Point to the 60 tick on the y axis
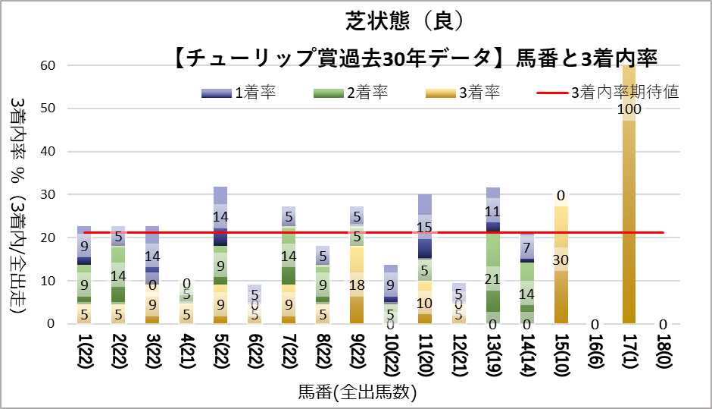click(48, 65)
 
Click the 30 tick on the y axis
click(48, 194)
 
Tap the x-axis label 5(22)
click(220, 356)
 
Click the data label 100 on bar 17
click(629, 109)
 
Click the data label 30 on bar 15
click(561, 260)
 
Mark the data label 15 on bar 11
click(425, 227)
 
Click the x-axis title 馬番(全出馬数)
click(357, 393)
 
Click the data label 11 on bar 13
click(493, 212)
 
